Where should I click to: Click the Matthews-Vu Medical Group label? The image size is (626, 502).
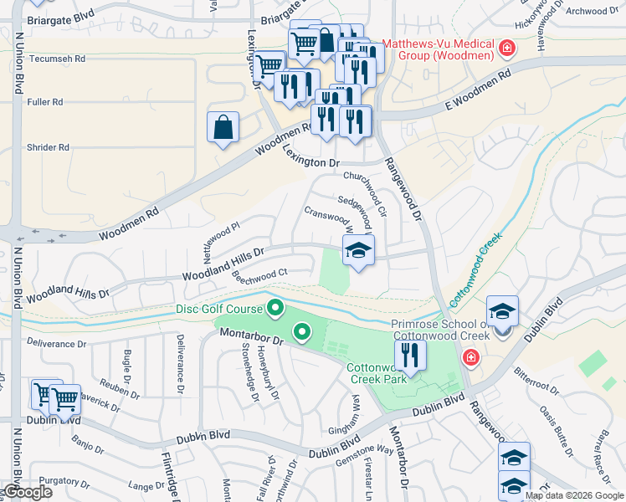(440, 49)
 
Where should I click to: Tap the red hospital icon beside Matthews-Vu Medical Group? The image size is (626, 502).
(506, 49)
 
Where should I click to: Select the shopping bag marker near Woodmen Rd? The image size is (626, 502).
(223, 128)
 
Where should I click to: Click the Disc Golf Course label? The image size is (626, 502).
(219, 309)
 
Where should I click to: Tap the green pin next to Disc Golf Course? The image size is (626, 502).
(275, 310)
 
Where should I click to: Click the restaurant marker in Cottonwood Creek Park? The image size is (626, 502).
(410, 356)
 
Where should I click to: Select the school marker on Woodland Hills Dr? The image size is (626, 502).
(358, 250)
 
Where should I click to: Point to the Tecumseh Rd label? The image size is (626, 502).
(58, 59)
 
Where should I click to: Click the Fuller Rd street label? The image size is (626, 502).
(45, 102)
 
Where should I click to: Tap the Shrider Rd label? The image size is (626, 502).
(48, 147)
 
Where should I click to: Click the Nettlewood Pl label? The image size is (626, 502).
(221, 238)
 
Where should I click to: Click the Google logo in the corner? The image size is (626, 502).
(27, 492)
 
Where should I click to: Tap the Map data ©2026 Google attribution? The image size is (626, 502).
(574, 495)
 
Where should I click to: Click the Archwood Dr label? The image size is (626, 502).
(597, 11)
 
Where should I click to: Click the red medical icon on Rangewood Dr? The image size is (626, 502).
(470, 358)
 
